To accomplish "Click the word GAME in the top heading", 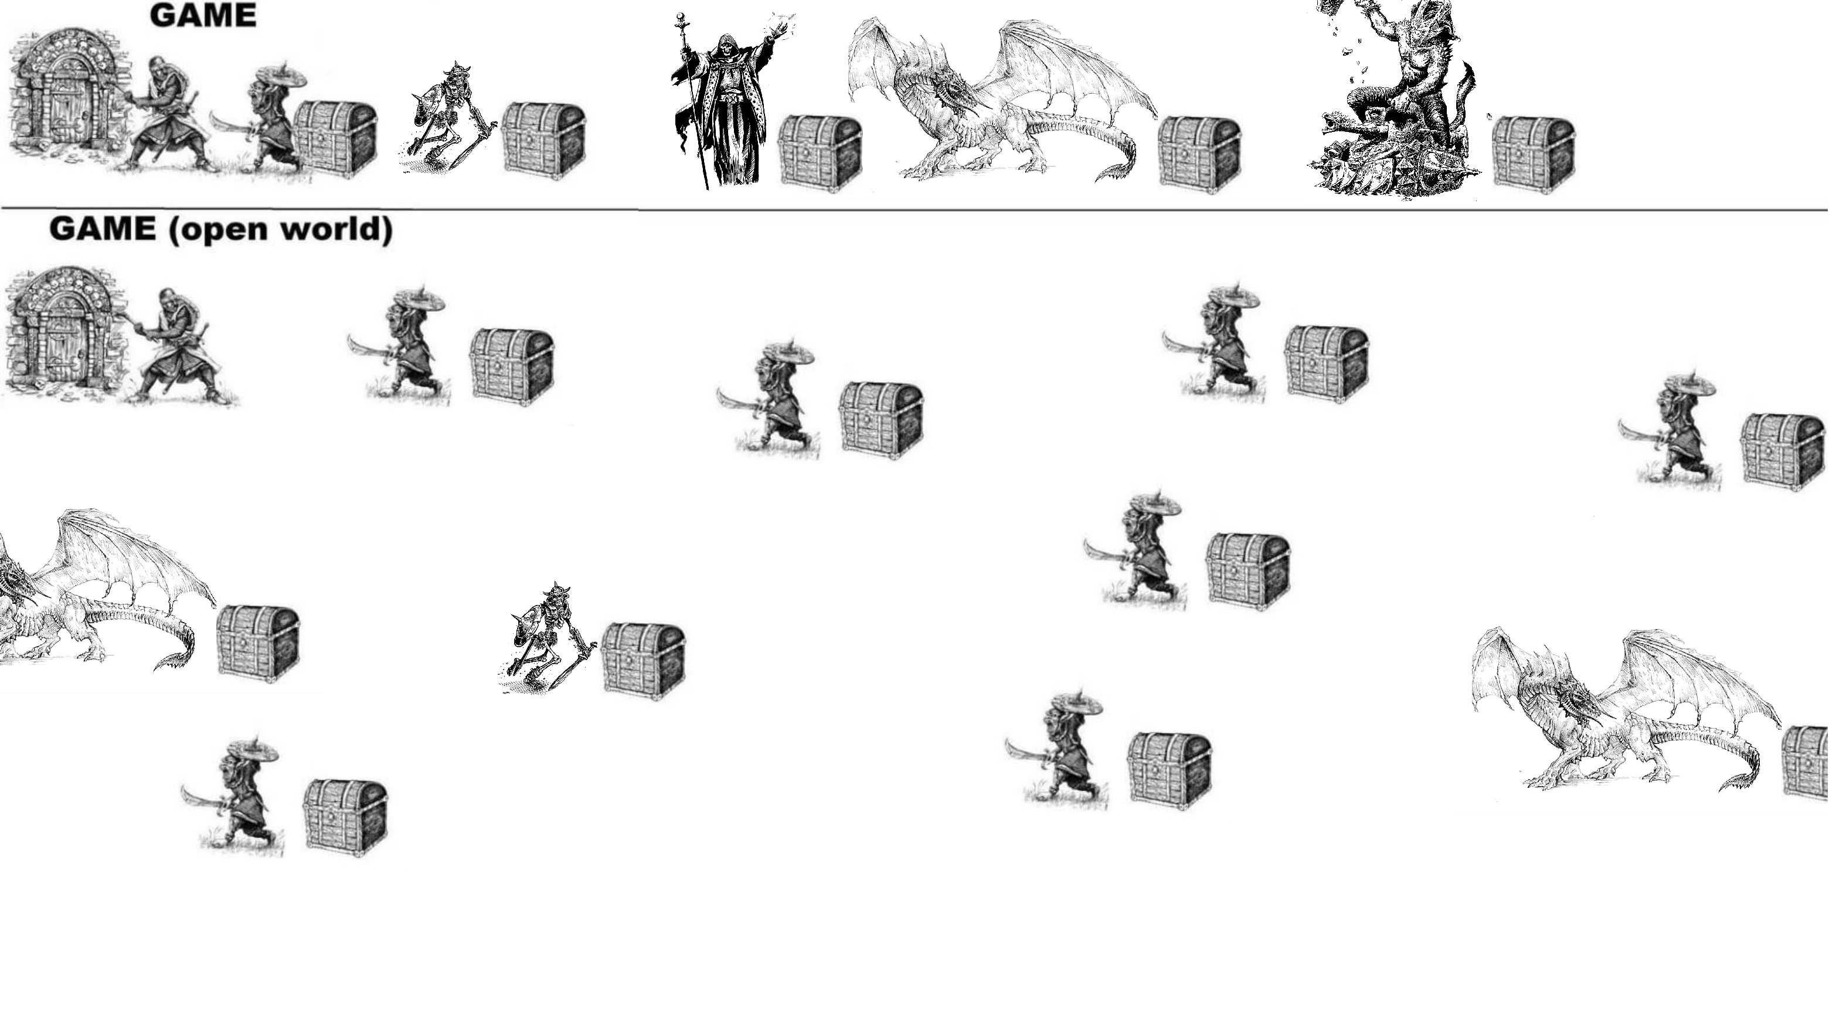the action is click(203, 16).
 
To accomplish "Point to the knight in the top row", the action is click(168, 114).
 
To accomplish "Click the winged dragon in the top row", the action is click(1001, 100).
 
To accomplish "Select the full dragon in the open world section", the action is click(1626, 710).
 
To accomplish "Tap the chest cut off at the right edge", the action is click(1806, 764).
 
